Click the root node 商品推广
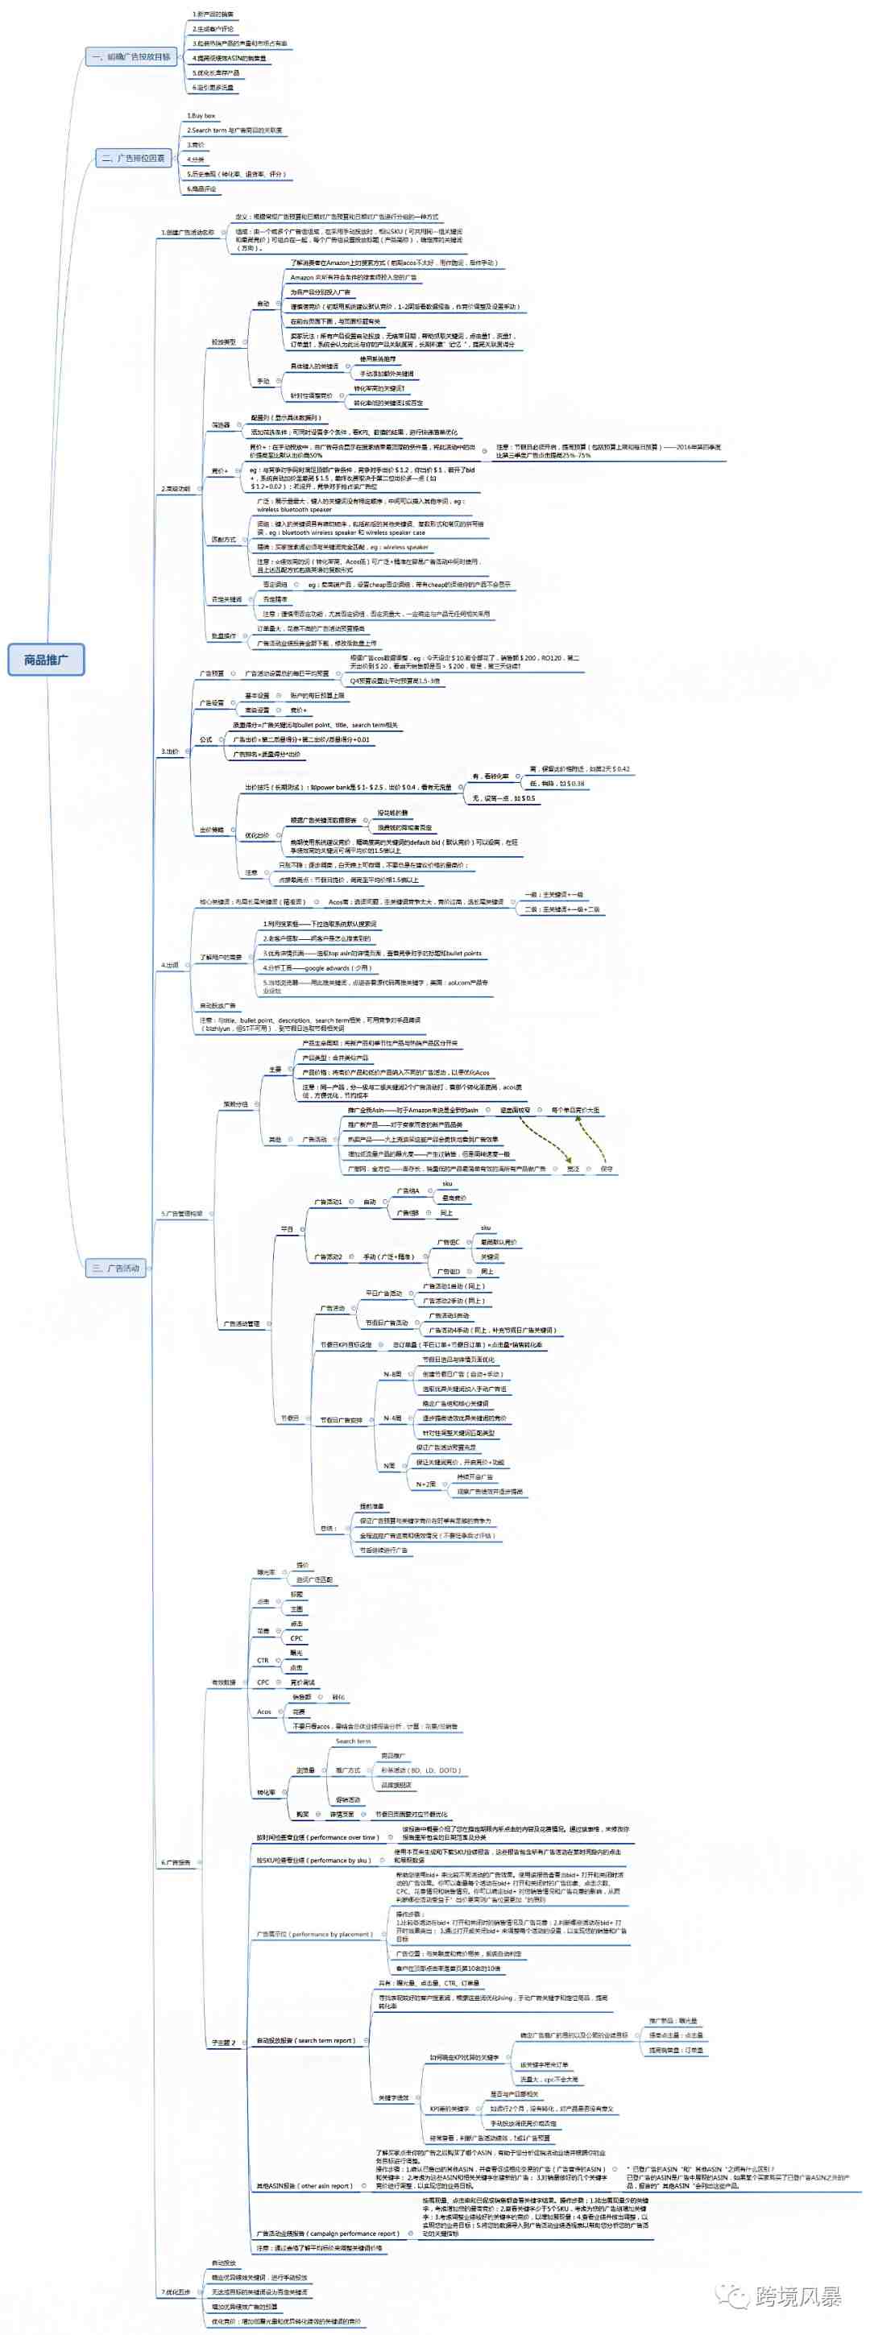coord(46,659)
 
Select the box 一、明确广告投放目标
coord(130,57)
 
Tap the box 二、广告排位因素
coord(134,158)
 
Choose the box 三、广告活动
coord(116,1267)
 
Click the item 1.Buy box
coord(201,116)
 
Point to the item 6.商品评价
coord(202,188)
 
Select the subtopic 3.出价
coord(171,751)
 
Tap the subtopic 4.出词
coord(171,964)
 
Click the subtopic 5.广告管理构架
coord(182,1213)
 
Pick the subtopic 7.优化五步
coord(176,2292)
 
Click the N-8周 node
coord(392,1373)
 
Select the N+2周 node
coord(426,1484)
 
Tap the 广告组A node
coord(408,1190)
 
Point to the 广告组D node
coord(449,1271)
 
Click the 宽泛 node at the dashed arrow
coord(573,1169)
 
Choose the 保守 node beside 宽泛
coord(607,1169)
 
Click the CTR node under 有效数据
coord(263,1660)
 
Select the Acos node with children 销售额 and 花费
coord(263,1712)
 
